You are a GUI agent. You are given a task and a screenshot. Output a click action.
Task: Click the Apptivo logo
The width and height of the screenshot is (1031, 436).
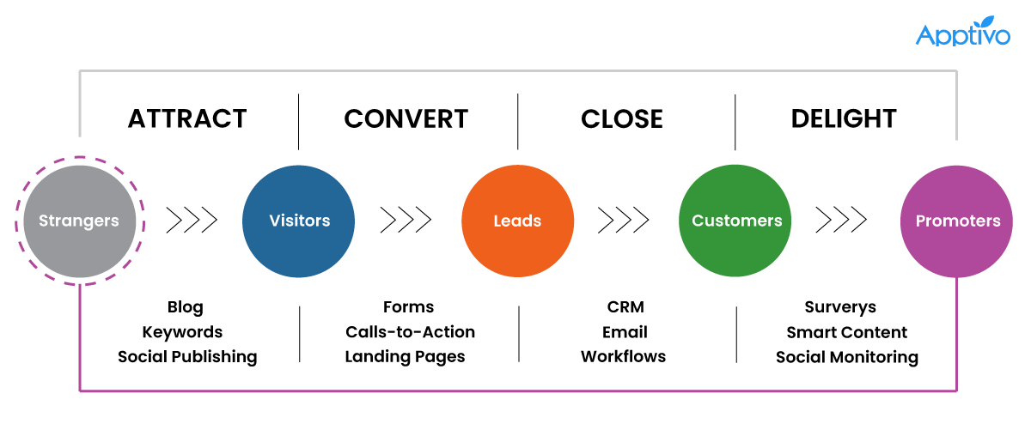click(x=961, y=32)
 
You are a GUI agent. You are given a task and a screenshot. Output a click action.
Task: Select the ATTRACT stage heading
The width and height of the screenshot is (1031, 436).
click(x=187, y=118)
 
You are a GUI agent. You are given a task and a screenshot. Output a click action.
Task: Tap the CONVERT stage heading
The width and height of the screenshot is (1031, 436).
click(x=406, y=118)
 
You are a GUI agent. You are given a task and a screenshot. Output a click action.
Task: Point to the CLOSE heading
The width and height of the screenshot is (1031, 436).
click(x=622, y=118)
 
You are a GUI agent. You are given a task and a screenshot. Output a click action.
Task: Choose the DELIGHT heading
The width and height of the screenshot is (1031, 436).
click(x=844, y=118)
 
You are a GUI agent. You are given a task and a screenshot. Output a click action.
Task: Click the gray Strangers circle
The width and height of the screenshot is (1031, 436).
click(x=79, y=221)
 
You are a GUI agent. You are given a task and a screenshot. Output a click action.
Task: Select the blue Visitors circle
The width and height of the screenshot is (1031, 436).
click(x=299, y=221)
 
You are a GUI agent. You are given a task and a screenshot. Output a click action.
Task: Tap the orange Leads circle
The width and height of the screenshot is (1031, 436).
click(x=517, y=221)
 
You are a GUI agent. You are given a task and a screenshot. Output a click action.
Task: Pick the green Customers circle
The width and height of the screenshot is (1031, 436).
click(x=736, y=221)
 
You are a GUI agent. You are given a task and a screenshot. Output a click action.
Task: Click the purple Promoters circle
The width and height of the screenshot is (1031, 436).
click(x=957, y=221)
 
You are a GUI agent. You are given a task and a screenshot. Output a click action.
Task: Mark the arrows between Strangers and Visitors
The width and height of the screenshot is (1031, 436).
click(x=191, y=221)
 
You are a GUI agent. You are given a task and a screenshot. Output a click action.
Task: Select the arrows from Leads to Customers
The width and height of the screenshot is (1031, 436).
click(x=625, y=221)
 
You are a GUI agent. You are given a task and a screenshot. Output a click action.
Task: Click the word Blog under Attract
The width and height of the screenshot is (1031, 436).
click(x=186, y=307)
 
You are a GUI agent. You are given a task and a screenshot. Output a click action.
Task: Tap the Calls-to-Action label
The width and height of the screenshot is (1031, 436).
click(x=410, y=332)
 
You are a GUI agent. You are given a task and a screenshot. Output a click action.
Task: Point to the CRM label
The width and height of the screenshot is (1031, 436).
click(x=625, y=307)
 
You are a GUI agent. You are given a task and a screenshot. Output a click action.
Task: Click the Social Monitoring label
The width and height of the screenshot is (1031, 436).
click(x=846, y=357)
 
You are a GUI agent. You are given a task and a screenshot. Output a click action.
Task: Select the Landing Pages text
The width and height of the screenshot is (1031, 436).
click(x=405, y=357)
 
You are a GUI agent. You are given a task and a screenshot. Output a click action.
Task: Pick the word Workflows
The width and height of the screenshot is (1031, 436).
click(x=623, y=357)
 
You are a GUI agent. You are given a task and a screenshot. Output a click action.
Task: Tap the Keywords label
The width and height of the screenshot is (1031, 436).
click(x=182, y=332)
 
